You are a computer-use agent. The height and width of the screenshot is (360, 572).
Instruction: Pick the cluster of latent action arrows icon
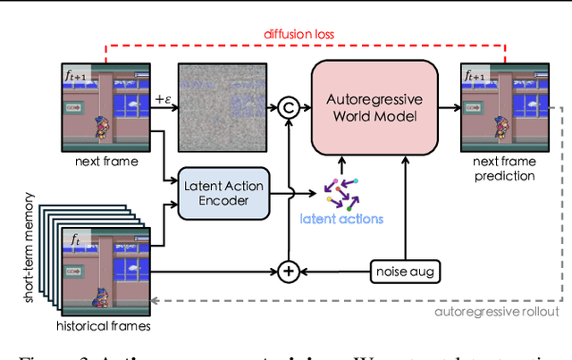340,190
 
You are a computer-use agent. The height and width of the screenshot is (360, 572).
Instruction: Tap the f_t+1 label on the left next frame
77,76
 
